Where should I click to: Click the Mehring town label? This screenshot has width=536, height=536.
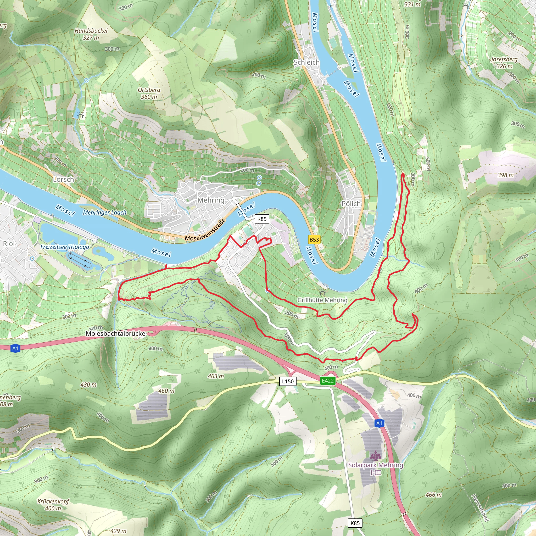click(211, 200)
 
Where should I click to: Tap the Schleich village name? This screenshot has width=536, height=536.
click(306, 63)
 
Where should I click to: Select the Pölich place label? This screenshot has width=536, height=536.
click(351, 204)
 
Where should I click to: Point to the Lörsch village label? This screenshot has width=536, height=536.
click(64, 179)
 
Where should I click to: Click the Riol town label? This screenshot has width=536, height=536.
click(9, 244)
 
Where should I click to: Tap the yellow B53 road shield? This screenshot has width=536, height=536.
click(314, 239)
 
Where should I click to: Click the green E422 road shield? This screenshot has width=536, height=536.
click(328, 381)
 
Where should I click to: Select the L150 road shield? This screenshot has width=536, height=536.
click(288, 382)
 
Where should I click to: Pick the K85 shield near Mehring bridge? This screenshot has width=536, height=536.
click(262, 219)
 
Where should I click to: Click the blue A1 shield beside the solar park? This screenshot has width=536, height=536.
click(379, 423)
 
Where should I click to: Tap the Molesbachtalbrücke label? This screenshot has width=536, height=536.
click(115, 333)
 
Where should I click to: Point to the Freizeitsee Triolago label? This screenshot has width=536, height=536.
click(65, 247)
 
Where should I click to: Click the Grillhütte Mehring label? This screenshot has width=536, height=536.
click(322, 300)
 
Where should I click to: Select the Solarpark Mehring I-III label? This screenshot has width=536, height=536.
click(376, 468)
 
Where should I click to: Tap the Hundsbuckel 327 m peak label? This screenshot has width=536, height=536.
click(91, 34)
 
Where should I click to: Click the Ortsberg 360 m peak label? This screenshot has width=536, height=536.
click(149, 93)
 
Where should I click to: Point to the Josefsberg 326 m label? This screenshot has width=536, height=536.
click(504, 63)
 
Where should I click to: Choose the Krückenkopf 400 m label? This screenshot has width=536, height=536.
click(53, 505)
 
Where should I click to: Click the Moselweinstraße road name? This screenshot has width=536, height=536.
click(205, 230)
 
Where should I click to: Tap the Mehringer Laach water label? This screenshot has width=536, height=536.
click(105, 213)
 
